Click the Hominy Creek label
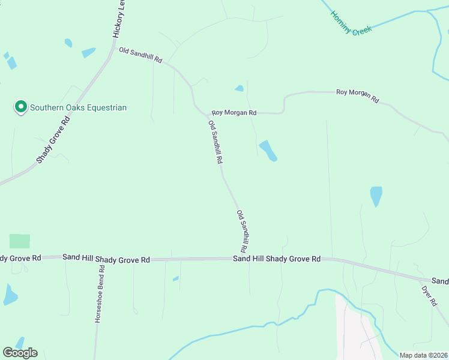pyautogui.click(x=352, y=22)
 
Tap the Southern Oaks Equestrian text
pyautogui.click(x=79, y=107)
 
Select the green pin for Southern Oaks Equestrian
pyautogui.click(x=21, y=107)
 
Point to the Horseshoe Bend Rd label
pyautogui.click(x=99, y=293)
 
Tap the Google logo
pyautogui.click(x=20, y=352)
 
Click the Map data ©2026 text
pyautogui.click(x=423, y=355)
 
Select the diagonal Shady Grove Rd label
pyautogui.click(x=53, y=139)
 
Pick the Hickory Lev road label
pyautogui.click(x=119, y=20)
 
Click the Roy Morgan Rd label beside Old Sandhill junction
pyautogui.click(x=234, y=113)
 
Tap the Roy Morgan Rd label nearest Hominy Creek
pyautogui.click(x=358, y=94)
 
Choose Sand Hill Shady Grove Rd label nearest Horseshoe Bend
pyautogui.click(x=106, y=258)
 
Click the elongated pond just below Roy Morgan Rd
pyautogui.click(x=268, y=151)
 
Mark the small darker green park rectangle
pyautogui.click(x=19, y=241)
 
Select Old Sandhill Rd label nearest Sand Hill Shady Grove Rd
pyautogui.click(x=243, y=231)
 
